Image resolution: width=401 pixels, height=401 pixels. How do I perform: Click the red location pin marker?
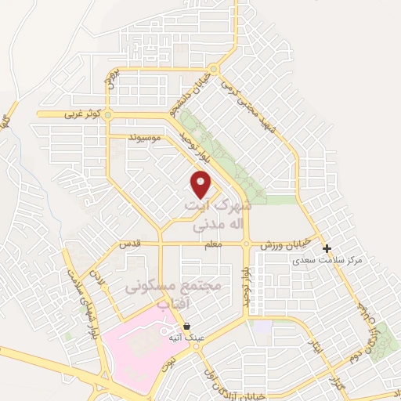(x=201, y=184)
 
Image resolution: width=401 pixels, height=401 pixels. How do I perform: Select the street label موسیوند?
(x=146, y=137)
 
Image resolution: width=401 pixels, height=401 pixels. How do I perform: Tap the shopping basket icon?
(x=186, y=326)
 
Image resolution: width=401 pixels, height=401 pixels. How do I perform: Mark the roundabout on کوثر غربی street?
(x=107, y=116)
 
